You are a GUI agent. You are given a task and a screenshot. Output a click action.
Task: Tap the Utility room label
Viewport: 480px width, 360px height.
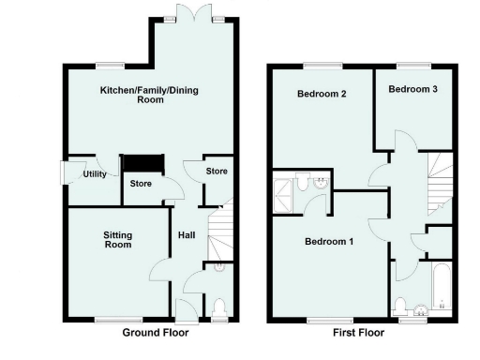point(94,174)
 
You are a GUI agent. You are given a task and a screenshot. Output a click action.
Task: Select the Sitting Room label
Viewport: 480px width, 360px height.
point(117,239)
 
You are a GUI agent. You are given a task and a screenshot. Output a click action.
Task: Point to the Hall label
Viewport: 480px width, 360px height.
point(186,234)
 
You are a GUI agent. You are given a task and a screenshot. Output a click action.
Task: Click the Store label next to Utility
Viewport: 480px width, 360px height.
point(142,183)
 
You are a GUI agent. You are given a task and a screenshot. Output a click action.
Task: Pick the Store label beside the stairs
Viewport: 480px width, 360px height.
point(217,172)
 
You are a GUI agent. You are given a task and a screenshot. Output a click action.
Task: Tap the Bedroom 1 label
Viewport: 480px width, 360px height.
point(327,242)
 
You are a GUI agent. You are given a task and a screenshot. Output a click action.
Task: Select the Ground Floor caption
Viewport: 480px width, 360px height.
point(155,333)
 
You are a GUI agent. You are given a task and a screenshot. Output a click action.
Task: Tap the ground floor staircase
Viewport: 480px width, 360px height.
point(219,234)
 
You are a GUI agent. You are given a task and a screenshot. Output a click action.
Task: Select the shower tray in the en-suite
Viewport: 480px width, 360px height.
point(283,194)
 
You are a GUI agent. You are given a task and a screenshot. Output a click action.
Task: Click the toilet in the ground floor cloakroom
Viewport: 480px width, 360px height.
point(218,307)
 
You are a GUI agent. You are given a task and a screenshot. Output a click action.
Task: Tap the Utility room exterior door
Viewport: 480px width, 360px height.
point(67,174)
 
